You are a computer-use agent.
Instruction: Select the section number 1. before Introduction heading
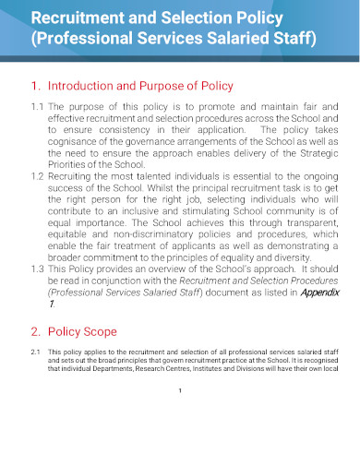point(35,86)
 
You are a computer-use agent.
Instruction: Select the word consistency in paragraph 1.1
point(126,132)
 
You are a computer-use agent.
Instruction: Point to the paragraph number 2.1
point(35,352)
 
